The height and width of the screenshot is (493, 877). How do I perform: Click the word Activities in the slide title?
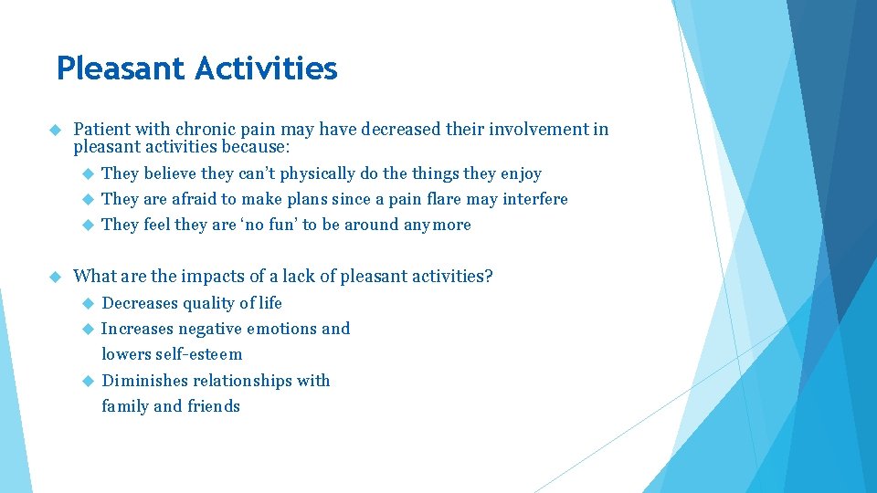coord(266,68)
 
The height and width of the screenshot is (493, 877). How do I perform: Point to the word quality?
coord(208,303)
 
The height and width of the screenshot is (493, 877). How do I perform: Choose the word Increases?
coord(137,329)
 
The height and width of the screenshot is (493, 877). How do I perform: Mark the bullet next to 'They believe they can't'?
coord(88,173)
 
